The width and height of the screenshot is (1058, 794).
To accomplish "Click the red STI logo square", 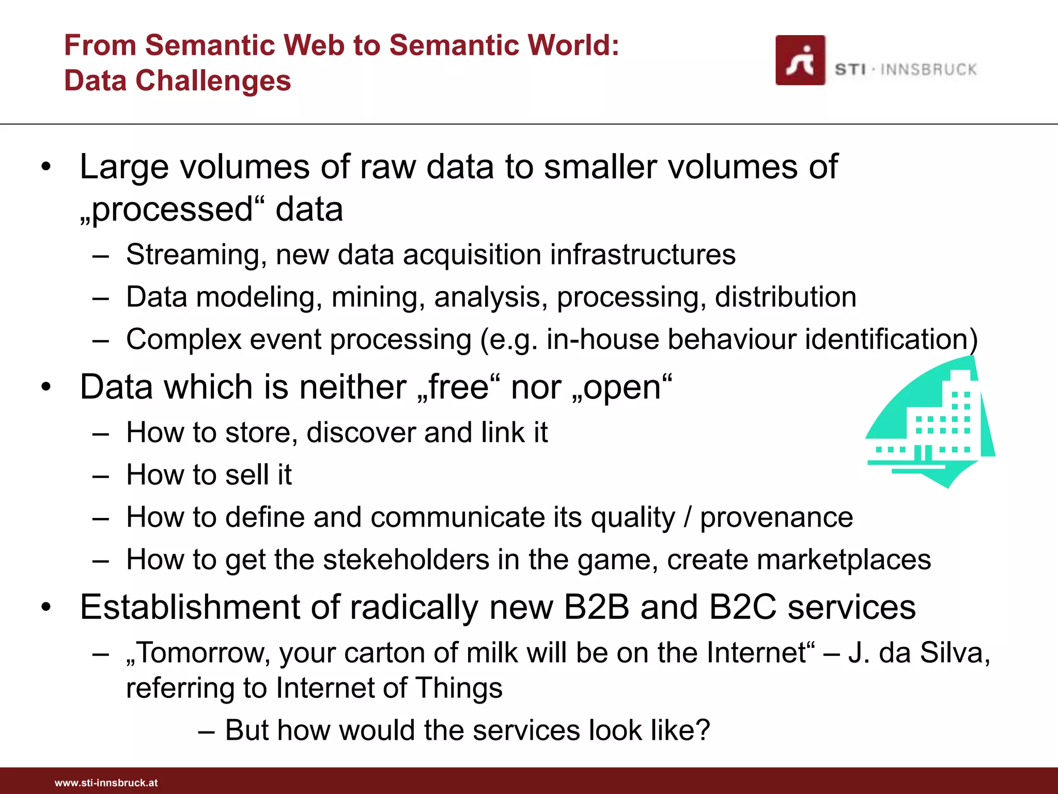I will (800, 60).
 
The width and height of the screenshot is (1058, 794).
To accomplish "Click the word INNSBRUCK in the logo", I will (928, 70).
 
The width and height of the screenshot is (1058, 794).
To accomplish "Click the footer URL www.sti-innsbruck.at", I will (106, 783).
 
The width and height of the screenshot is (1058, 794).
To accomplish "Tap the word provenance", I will (776, 517).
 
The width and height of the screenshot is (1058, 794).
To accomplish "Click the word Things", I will (459, 688).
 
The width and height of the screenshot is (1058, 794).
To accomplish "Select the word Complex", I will (184, 340).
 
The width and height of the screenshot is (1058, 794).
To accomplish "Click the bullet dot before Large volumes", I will (46, 167).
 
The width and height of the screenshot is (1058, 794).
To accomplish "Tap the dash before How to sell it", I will (100, 476).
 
